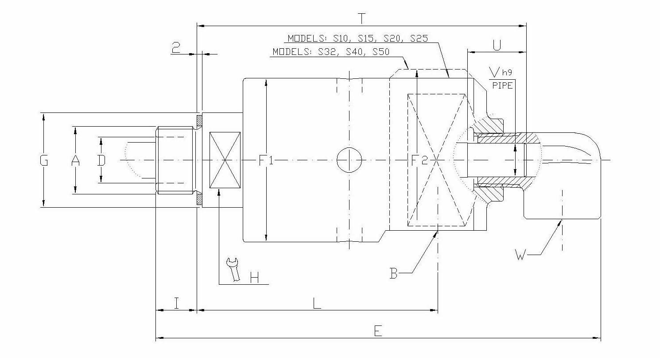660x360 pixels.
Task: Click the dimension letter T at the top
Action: (362, 19)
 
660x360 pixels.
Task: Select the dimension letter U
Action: (497, 45)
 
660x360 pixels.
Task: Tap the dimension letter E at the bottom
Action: (377, 331)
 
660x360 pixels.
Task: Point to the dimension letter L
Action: (317, 303)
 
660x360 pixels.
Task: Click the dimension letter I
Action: (176, 303)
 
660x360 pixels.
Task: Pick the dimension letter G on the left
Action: (43, 160)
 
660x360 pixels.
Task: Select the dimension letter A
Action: (76, 160)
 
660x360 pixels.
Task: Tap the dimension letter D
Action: (101, 160)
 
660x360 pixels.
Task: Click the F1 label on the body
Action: (266, 160)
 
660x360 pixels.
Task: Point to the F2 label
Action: (419, 160)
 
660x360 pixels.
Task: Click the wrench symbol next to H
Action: (233, 269)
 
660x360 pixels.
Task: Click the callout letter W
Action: (521, 255)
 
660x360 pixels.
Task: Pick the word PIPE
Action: (502, 85)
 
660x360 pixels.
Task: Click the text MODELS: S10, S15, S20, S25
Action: (357, 39)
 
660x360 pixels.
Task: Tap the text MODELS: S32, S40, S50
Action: (330, 52)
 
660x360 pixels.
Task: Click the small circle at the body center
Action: (349, 160)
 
